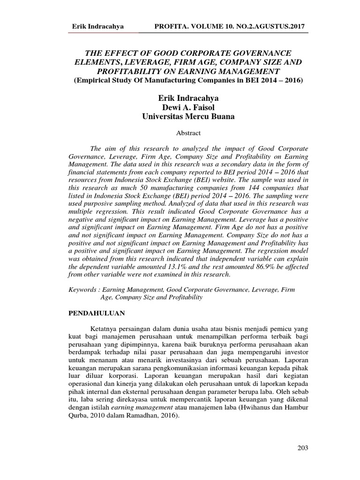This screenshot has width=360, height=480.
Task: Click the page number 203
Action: point(302,448)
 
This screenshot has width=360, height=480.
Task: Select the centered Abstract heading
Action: point(188,133)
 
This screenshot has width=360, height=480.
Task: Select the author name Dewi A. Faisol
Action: point(188,107)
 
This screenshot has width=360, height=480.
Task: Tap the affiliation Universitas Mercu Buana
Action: point(188,116)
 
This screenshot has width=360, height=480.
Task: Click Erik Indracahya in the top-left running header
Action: point(97,27)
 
